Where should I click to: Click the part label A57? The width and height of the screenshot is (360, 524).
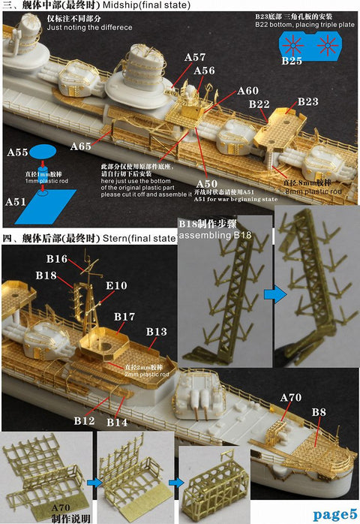click(x=194, y=57)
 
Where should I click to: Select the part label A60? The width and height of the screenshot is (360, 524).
click(x=247, y=91)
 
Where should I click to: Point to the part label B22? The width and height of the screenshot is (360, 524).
click(x=259, y=104)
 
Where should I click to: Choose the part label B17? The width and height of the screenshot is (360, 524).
click(x=124, y=318)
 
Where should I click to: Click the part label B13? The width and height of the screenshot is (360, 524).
click(x=156, y=331)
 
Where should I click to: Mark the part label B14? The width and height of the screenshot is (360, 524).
click(x=115, y=423)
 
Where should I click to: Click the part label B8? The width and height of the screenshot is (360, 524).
click(x=318, y=411)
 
